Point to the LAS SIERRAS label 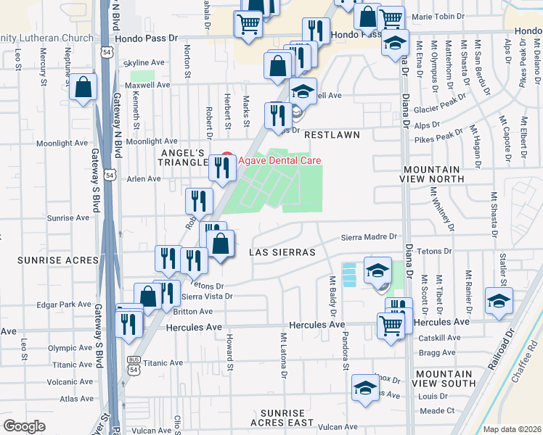pos(282,252)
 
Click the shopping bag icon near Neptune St pos(83,88)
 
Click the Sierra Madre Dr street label pos(370,236)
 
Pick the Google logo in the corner pos(24,426)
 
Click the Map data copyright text pos(513,429)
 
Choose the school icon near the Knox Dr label pos(365,386)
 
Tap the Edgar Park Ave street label pos(64,304)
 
